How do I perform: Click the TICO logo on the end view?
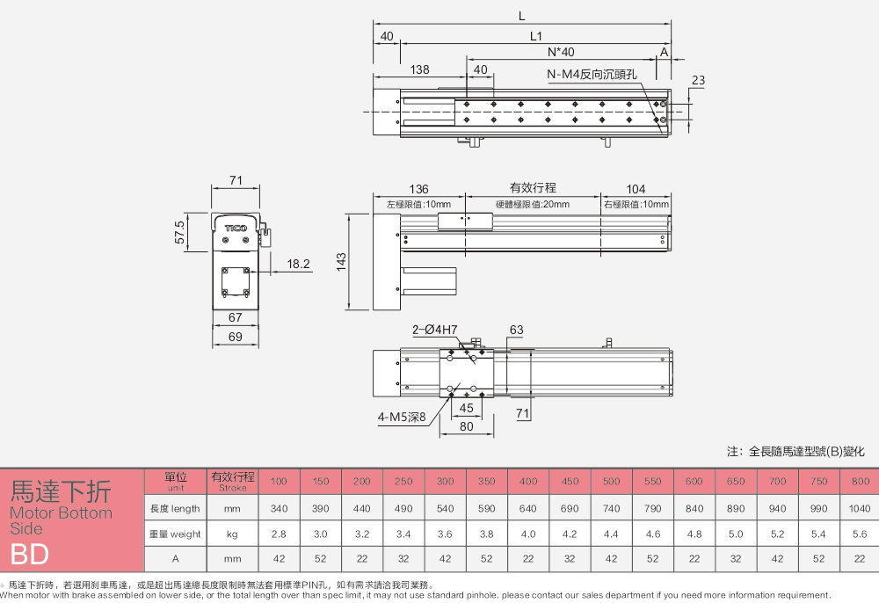236,228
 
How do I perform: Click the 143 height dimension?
342,262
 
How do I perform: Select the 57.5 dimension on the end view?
180,232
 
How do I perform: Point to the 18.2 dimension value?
299,264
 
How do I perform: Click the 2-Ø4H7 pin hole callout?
435,330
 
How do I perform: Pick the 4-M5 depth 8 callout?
402,418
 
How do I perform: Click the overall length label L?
521,15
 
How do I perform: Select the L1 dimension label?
536,36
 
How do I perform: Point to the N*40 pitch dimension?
560,52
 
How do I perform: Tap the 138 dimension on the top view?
419,69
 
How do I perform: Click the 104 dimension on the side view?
636,189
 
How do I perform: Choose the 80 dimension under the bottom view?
465,427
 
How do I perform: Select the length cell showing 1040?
860,508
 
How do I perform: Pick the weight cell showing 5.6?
860,534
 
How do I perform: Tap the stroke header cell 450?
570,481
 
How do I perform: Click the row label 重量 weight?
174,534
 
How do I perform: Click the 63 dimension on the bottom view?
516,331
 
